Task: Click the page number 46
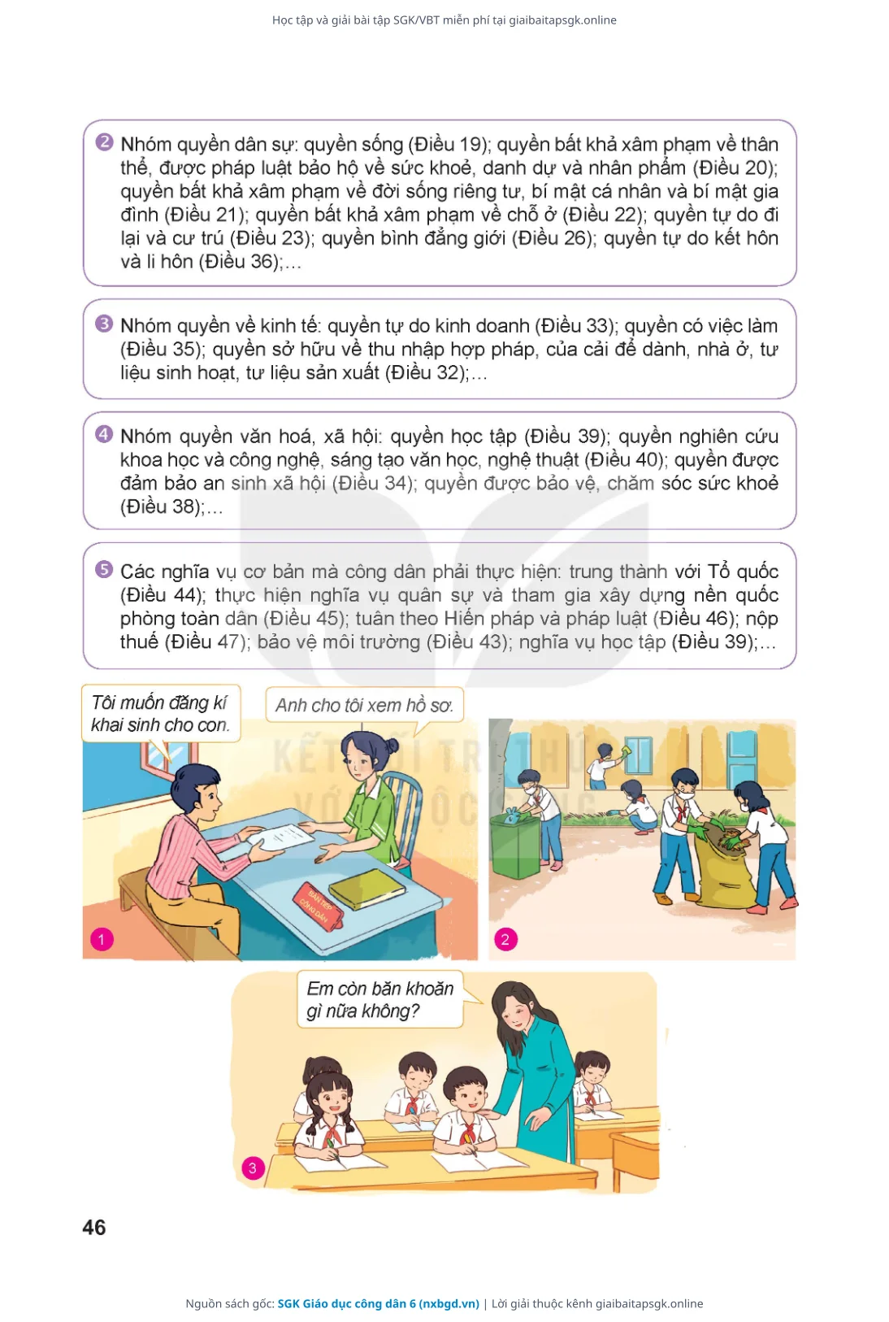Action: click(93, 1228)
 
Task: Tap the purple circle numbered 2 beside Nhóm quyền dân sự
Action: click(104, 142)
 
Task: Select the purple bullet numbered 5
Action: click(104, 569)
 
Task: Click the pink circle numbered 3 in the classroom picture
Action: click(253, 1168)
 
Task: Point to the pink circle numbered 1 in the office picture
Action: click(102, 940)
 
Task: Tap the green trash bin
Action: click(516, 845)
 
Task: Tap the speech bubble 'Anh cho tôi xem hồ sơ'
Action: click(365, 706)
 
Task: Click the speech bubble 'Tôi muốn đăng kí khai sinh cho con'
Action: click(160, 714)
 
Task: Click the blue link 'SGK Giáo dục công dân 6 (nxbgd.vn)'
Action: click(378, 1303)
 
